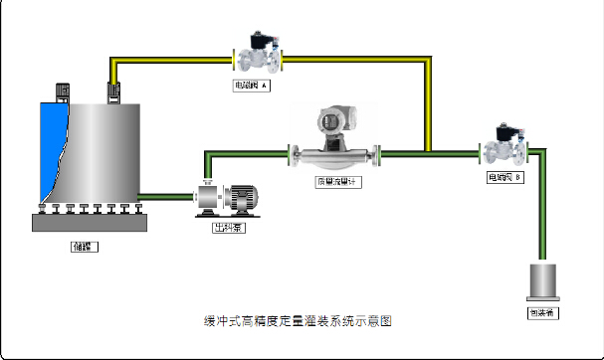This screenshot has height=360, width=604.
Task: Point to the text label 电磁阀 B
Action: tap(504, 177)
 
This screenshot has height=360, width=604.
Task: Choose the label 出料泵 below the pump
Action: tap(231, 226)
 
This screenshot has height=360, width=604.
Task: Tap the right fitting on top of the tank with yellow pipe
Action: tap(113, 92)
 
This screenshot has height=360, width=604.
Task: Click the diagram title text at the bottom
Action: tap(298, 321)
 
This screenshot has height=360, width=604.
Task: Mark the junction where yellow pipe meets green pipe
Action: tap(429, 153)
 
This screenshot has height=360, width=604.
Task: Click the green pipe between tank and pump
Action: tap(164, 196)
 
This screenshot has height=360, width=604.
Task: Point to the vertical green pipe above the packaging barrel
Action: tap(543, 209)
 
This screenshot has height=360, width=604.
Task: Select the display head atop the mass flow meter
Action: tap(330, 121)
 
